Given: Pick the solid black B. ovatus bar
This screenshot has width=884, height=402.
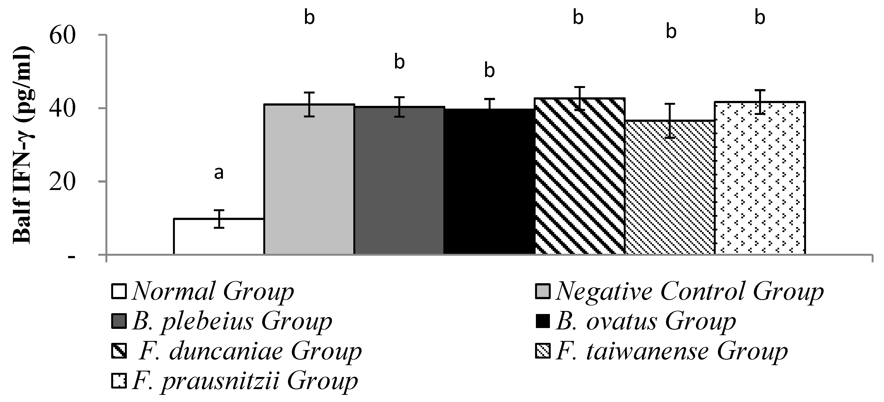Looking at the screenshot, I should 489,182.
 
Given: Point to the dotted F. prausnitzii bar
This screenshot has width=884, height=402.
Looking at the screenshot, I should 760,178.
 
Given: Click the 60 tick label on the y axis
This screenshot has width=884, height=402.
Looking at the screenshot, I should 62,36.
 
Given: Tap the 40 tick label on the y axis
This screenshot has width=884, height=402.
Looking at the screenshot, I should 62,109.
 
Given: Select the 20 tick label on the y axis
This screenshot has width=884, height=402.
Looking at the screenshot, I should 62,182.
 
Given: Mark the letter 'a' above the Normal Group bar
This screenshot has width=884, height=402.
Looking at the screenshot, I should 219,173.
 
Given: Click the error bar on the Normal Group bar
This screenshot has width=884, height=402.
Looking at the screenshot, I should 219,219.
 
